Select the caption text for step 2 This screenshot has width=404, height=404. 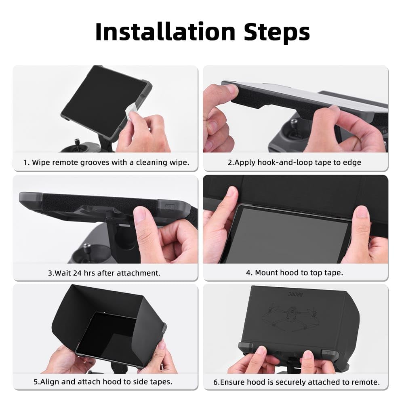click(x=294, y=162)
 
